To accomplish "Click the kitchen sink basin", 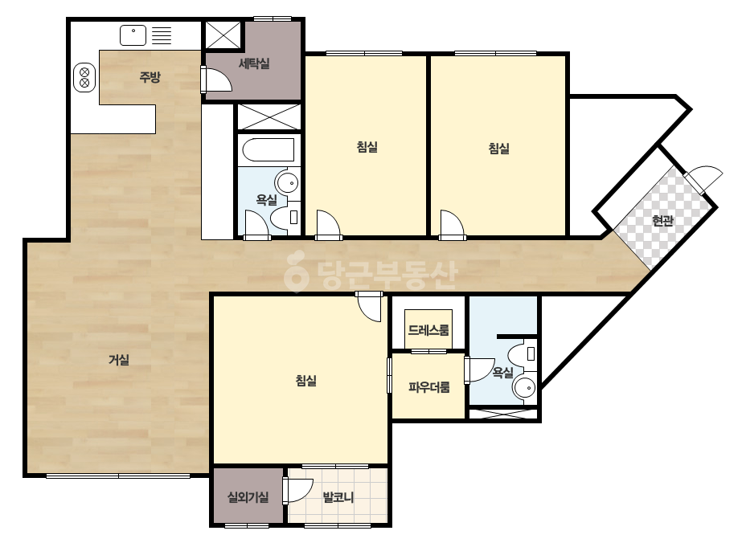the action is (133, 35).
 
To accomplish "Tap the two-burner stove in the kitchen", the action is (84, 78).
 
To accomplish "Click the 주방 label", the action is (150, 76).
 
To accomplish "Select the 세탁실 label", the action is (254, 63).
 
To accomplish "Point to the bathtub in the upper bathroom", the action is (269, 150).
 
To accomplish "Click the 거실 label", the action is (119, 360).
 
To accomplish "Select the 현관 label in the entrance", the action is (662, 220).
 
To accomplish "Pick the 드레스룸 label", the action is (428, 329).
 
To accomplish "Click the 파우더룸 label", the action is (429, 388).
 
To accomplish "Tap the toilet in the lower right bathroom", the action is (522, 353).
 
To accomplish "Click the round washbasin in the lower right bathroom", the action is (525, 388).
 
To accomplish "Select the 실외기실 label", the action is (248, 497).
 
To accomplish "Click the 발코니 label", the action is (338, 497).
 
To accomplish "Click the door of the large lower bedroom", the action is (370, 307).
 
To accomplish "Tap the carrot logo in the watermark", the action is (296, 271).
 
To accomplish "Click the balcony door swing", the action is (298, 490).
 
